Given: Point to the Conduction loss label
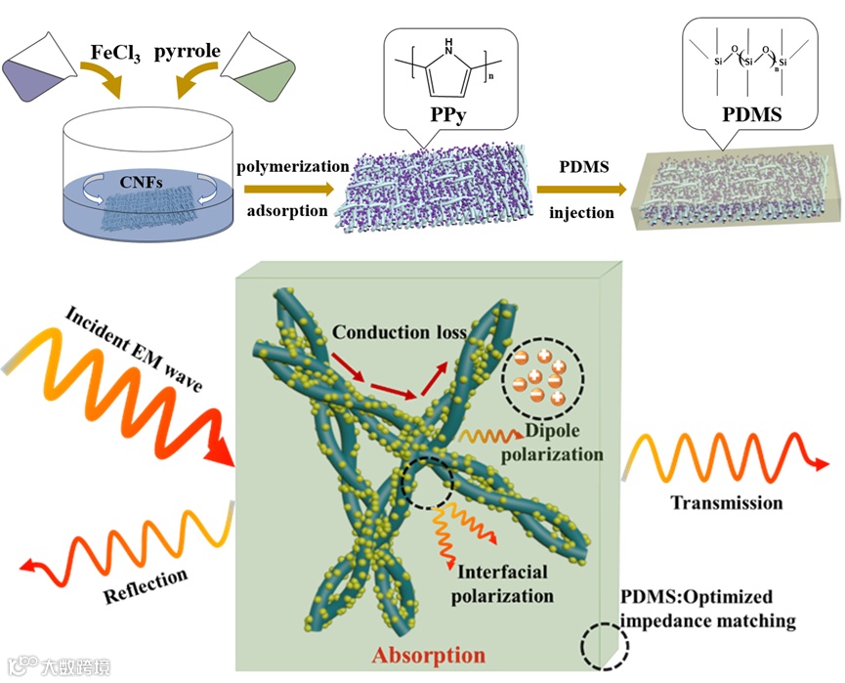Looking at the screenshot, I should click(398, 331).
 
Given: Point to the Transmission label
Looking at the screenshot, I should click(726, 502).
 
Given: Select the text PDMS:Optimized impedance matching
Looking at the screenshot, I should click(709, 608).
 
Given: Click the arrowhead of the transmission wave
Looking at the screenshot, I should click(812, 464).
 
